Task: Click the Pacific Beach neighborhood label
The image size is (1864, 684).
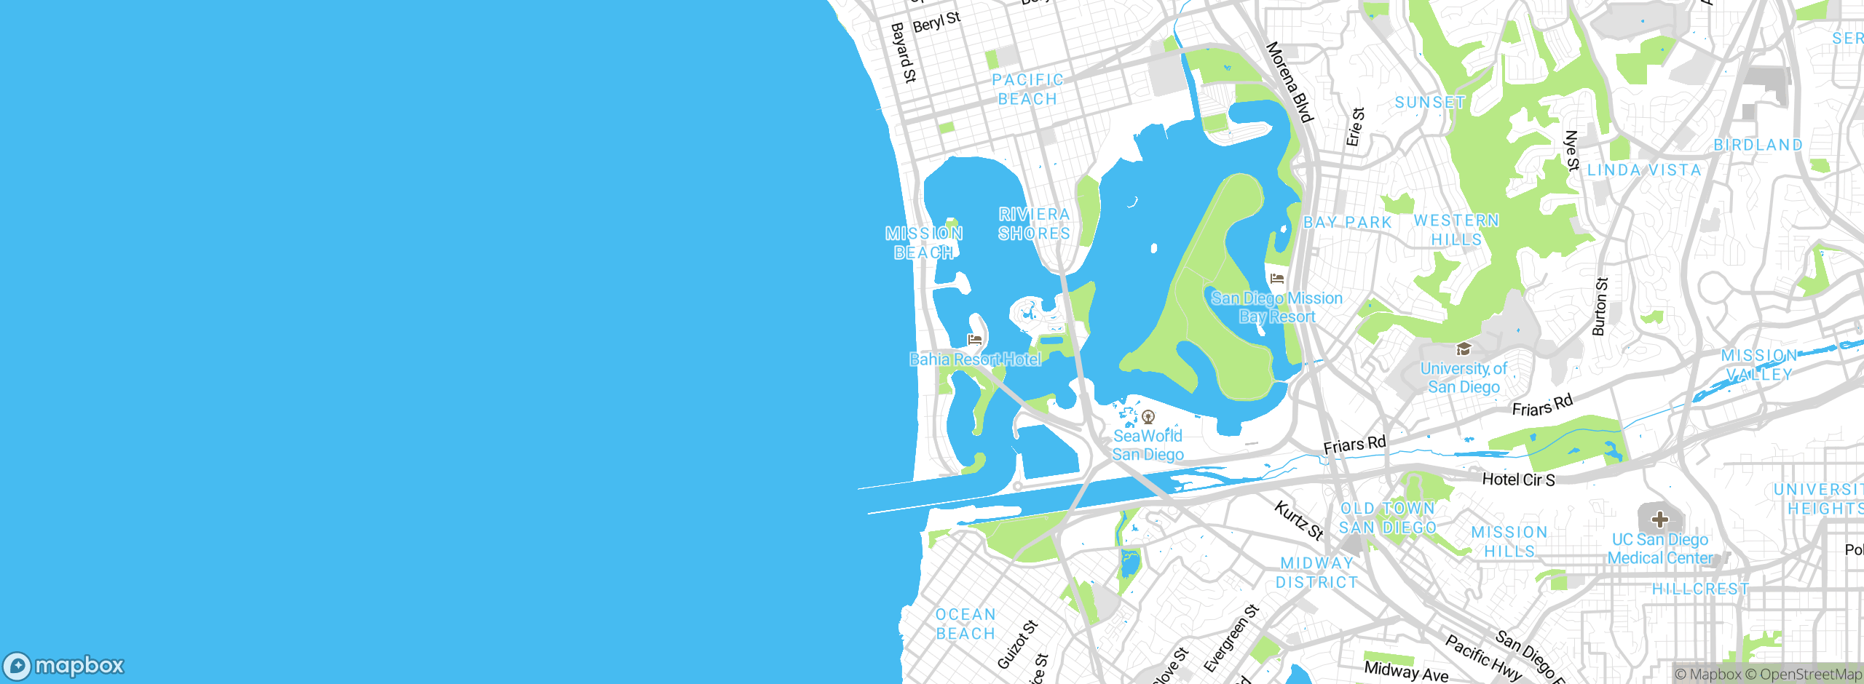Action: tap(1027, 90)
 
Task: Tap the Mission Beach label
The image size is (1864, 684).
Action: tap(924, 243)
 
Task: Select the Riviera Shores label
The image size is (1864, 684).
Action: tap(1034, 224)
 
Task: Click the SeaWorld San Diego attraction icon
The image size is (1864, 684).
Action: tap(1148, 417)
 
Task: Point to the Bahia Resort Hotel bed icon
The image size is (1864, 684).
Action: tap(974, 340)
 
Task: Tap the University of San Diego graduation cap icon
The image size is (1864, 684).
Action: tap(1464, 349)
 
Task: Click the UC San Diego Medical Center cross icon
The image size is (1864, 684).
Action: tap(1660, 520)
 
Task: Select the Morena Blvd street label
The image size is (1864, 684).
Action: tap(1290, 82)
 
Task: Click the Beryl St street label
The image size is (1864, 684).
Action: tap(936, 22)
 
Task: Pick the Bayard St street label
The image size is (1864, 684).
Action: tap(904, 52)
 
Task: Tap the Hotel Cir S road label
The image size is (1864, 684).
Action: tap(1519, 480)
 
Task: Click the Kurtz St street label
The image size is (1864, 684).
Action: tap(1299, 520)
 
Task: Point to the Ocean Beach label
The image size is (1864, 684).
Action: tap(965, 624)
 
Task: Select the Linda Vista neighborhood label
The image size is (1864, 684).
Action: tap(1644, 170)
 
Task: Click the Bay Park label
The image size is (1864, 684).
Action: tap(1348, 223)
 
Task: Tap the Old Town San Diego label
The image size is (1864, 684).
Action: tap(1388, 518)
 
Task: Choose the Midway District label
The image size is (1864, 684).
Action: tap(1316, 573)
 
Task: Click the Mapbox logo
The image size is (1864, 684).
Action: tap(64, 666)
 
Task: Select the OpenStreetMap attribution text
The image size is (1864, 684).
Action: tap(1810, 675)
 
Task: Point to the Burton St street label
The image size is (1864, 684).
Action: tap(1600, 306)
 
